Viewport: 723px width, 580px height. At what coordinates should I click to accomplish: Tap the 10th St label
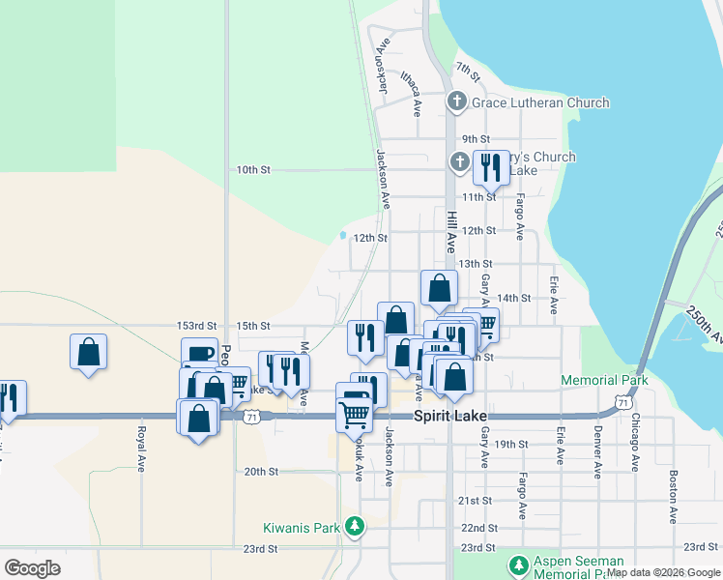pos(253,169)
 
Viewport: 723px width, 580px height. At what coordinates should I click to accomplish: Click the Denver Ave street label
pos(598,449)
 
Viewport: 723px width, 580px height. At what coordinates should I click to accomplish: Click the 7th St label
pos(469,70)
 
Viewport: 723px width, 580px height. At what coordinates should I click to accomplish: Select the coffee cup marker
pos(199,354)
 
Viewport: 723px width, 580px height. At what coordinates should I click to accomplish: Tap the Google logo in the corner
pos(33,567)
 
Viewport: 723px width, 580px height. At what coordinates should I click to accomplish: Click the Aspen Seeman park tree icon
pos(518,564)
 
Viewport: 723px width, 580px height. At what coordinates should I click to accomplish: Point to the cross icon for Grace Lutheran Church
pos(457,101)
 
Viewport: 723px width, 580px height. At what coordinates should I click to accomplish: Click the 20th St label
pos(261,472)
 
